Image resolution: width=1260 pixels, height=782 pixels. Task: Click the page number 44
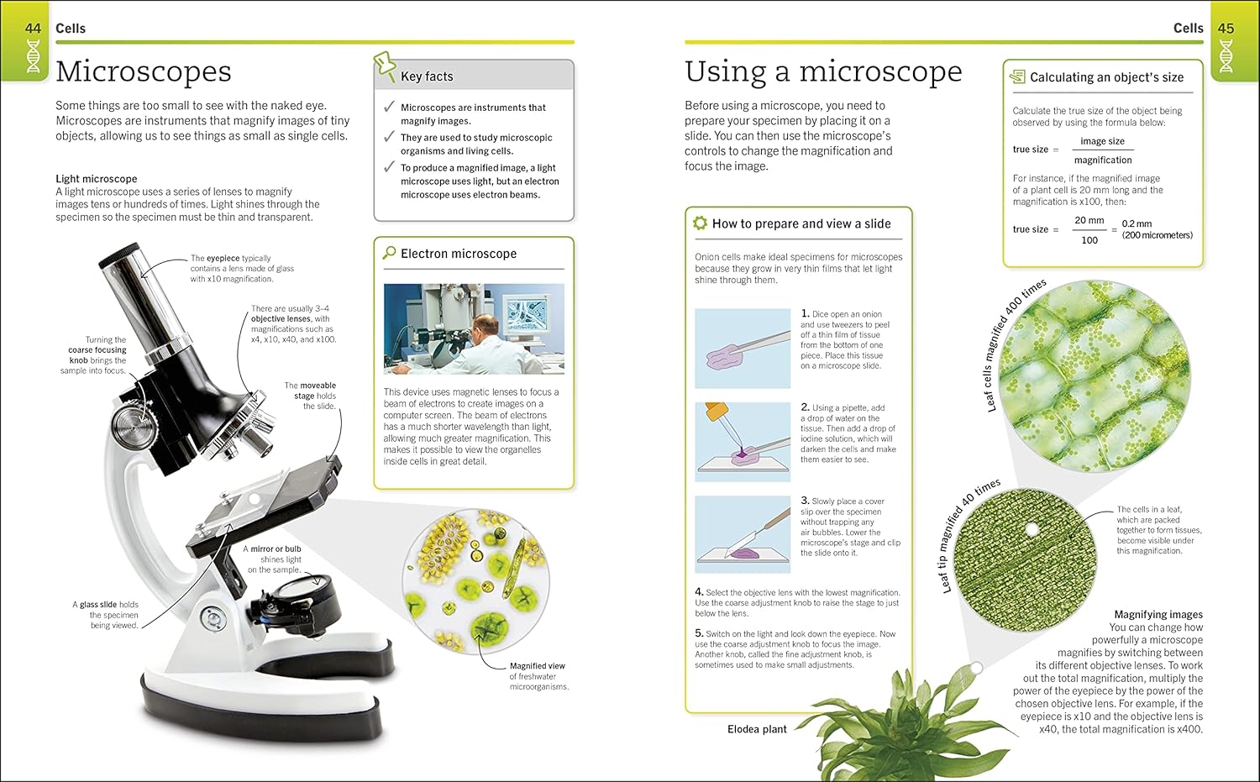pyautogui.click(x=33, y=29)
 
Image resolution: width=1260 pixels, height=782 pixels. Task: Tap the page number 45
pyautogui.click(x=1226, y=29)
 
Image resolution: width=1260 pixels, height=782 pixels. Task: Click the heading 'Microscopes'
pyautogui.click(x=144, y=71)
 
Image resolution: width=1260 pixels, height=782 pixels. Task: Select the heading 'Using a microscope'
pyautogui.click(x=822, y=71)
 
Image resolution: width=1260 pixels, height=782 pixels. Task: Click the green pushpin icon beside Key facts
pyautogui.click(x=385, y=66)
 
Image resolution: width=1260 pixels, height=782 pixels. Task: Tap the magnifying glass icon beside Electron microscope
pyautogui.click(x=390, y=253)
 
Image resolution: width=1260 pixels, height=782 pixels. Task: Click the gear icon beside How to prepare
pyautogui.click(x=700, y=223)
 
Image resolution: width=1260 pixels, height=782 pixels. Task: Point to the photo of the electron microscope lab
pyautogui.click(x=474, y=328)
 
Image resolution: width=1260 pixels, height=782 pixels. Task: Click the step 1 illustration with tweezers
pyautogui.click(x=743, y=348)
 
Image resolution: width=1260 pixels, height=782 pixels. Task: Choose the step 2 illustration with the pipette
pyautogui.click(x=743, y=442)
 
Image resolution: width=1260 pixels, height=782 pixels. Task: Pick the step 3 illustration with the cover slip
pyautogui.click(x=743, y=534)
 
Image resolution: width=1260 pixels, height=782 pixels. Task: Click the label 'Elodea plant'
pyautogui.click(x=757, y=729)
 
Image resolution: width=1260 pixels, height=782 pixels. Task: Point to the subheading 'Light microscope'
pyautogui.click(x=96, y=179)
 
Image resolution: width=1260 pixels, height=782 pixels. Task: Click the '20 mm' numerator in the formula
pyautogui.click(x=1089, y=220)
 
